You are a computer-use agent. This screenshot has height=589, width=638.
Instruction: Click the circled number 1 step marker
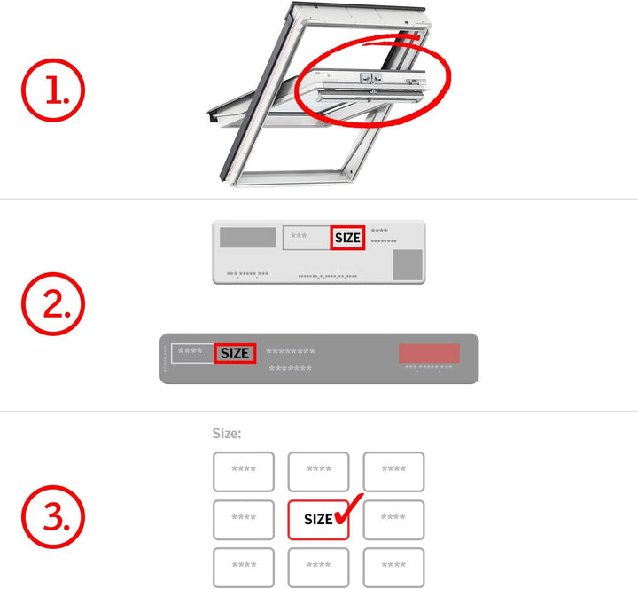click(x=52, y=92)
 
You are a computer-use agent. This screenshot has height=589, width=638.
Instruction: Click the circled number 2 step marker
click(x=52, y=304)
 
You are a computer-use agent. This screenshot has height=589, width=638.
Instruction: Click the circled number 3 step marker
click(x=52, y=516)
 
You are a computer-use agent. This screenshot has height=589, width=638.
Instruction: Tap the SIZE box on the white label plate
click(x=347, y=238)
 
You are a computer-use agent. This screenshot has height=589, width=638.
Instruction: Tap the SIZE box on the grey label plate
click(x=235, y=353)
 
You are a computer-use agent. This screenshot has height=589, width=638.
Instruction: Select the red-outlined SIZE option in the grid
click(x=318, y=520)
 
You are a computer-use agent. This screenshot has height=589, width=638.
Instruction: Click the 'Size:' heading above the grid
click(x=227, y=434)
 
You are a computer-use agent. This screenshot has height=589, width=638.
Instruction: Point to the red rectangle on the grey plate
click(x=429, y=352)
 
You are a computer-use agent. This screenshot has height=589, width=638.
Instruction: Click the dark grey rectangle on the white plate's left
click(x=247, y=237)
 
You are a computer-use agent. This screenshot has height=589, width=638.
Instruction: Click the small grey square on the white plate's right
click(x=408, y=263)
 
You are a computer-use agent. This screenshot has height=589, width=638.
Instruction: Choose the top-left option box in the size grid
click(x=243, y=471)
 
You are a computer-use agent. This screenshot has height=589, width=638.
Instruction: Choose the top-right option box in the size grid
click(x=393, y=471)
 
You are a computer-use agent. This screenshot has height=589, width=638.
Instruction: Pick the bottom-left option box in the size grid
click(x=243, y=567)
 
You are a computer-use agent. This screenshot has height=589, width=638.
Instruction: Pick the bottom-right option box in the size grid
click(x=393, y=567)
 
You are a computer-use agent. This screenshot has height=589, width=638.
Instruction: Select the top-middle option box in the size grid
click(x=318, y=471)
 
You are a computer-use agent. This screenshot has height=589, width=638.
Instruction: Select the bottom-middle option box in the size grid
click(x=318, y=567)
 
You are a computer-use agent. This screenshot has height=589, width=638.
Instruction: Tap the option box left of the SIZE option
click(x=243, y=520)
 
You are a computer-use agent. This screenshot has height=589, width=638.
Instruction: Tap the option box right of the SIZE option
click(x=393, y=520)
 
